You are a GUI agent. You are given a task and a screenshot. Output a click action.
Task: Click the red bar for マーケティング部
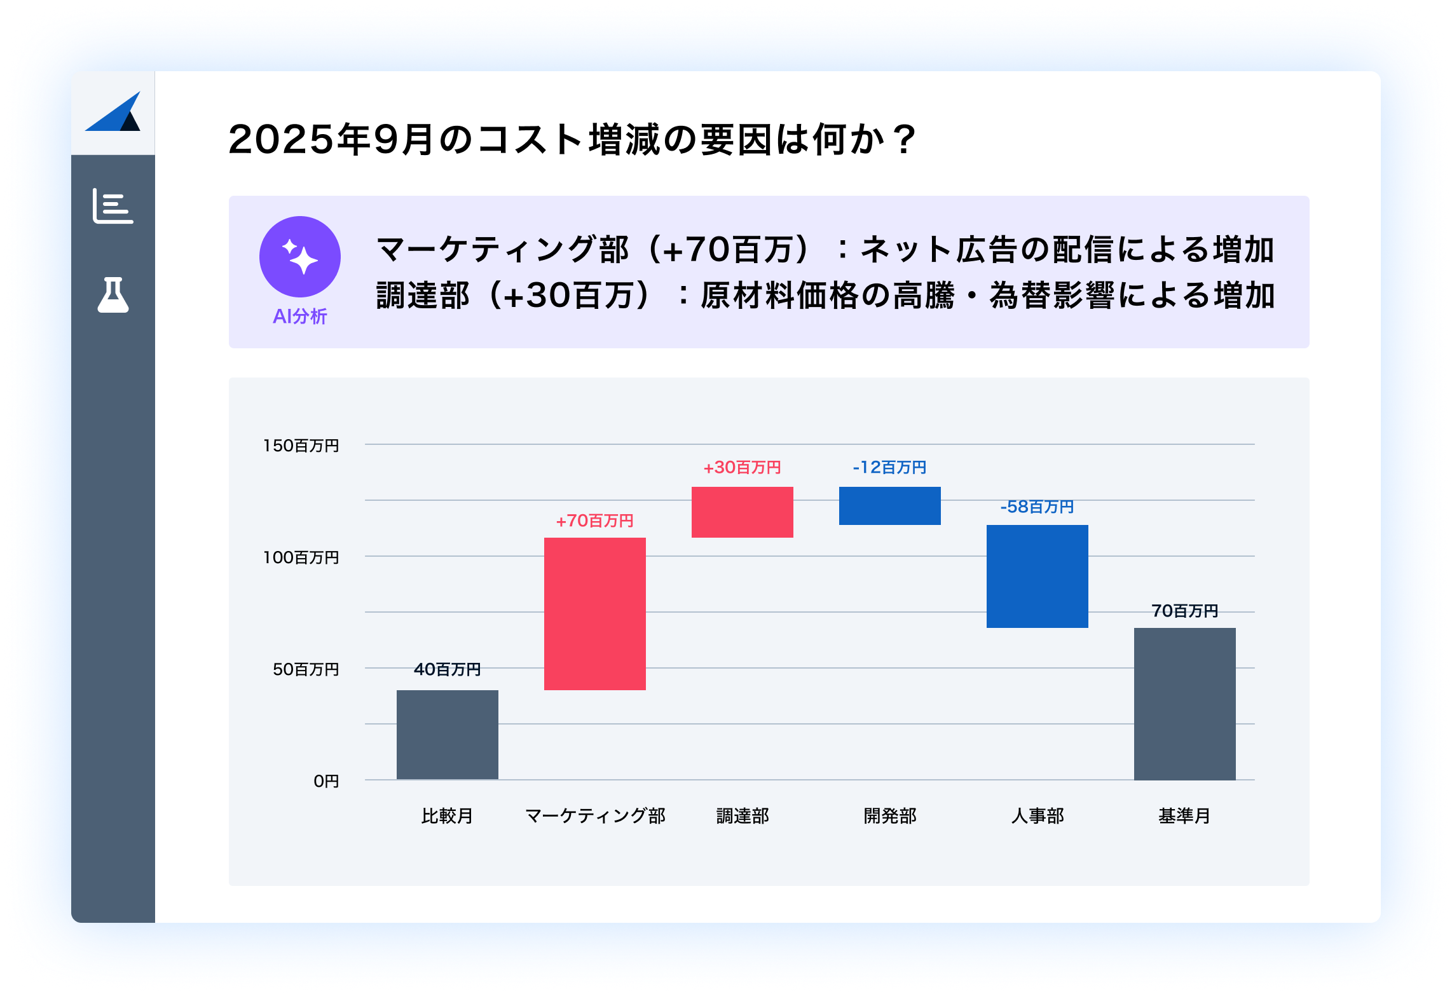click(594, 613)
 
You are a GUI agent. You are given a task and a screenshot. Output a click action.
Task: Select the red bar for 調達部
click(742, 512)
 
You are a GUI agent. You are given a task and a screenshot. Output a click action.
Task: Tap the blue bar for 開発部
click(889, 505)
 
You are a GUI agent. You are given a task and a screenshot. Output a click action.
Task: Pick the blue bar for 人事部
click(1037, 576)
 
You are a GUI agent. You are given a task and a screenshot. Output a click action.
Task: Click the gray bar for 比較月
click(447, 734)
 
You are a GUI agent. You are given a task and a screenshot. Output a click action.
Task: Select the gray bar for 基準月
click(1184, 704)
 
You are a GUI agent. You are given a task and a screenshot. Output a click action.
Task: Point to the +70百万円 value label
click(594, 521)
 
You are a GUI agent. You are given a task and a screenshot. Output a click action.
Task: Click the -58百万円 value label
click(1037, 507)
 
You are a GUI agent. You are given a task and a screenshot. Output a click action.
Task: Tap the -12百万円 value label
click(889, 467)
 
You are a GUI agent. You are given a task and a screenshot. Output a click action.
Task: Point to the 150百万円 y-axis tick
click(301, 446)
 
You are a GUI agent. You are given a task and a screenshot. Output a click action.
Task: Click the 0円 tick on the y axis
click(326, 781)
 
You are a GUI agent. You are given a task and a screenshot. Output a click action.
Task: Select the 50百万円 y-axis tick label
click(306, 669)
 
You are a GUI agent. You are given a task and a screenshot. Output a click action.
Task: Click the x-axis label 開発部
click(889, 815)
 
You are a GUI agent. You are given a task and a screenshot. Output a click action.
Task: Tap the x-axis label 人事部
click(1037, 815)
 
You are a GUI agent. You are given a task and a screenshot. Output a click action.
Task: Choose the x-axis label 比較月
click(447, 815)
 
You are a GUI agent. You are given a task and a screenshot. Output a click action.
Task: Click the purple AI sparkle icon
click(300, 257)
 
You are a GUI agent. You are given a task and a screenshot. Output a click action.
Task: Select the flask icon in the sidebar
click(113, 295)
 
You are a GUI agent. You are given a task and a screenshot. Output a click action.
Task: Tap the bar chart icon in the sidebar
click(113, 206)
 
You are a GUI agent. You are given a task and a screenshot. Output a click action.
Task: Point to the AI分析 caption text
click(300, 316)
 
